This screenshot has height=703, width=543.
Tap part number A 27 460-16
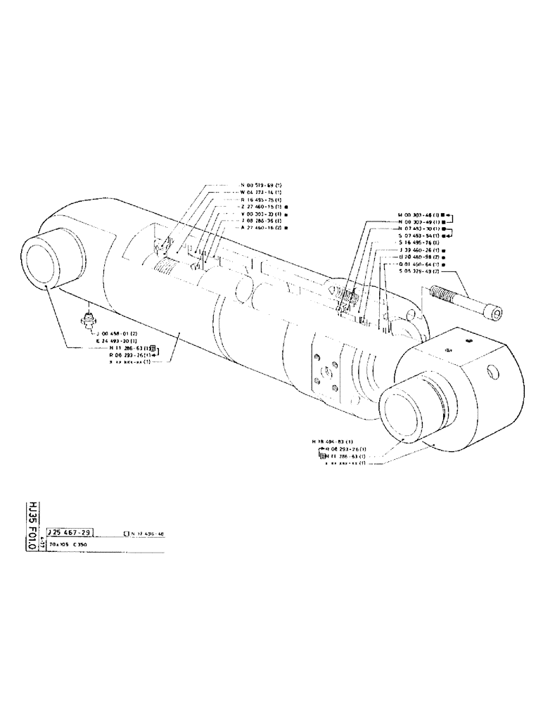[260, 228]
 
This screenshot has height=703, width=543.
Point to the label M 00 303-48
[417, 214]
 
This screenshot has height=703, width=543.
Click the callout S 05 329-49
[418, 271]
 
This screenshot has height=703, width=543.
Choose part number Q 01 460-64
[418, 264]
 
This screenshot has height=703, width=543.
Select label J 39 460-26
[418, 250]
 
